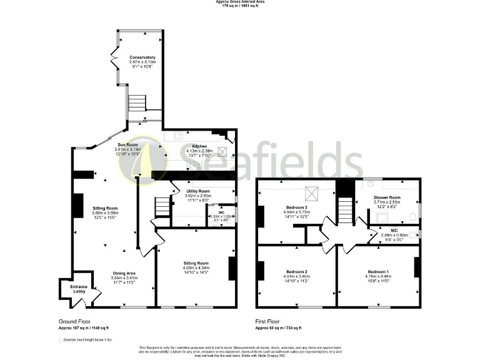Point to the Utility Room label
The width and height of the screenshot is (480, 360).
[x=198, y=191]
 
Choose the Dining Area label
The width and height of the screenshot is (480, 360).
[x=123, y=272]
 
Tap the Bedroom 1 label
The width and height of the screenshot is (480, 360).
[x=377, y=271]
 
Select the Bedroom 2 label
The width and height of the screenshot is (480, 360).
[x=296, y=271]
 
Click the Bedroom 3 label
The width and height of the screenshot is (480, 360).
[x=297, y=207]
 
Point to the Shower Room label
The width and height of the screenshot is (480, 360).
[x=386, y=197]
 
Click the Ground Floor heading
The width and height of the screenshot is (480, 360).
[x=72, y=321]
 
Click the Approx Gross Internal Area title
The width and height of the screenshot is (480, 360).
[x=240, y=2]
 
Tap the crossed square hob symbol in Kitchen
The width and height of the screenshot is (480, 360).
[x=222, y=151]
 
